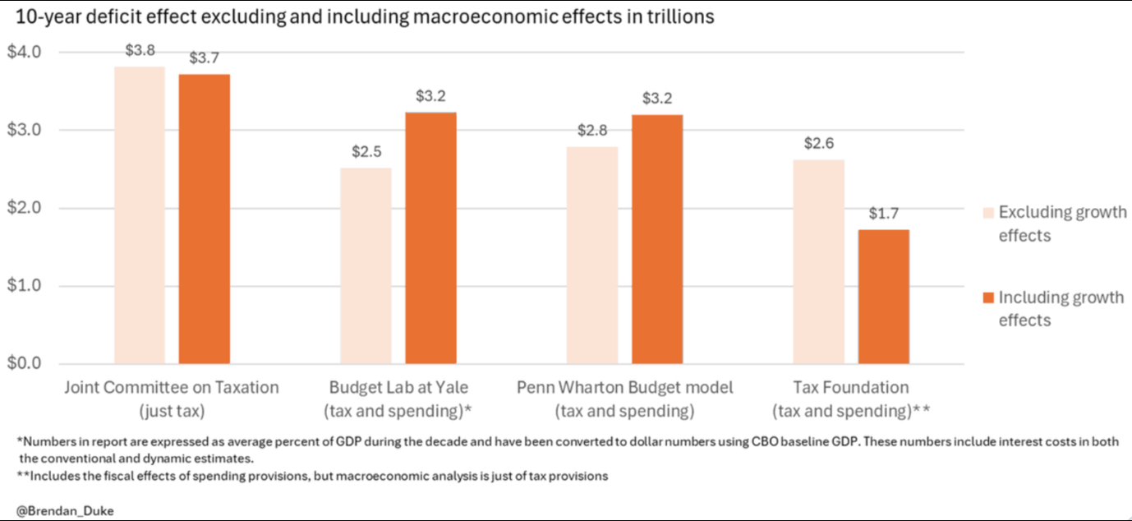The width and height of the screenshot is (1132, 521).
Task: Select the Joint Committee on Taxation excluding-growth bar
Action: click(x=139, y=215)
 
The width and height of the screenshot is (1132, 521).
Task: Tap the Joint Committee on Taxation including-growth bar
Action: click(x=204, y=219)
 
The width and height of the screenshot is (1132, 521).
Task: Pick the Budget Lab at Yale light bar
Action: click(x=366, y=265)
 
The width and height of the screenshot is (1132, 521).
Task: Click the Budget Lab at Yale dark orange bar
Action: click(x=430, y=238)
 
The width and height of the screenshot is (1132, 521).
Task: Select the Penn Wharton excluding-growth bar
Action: click(x=592, y=255)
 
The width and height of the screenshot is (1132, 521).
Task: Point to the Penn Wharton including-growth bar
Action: click(x=657, y=239)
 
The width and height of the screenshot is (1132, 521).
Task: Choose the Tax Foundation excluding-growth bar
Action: click(x=819, y=261)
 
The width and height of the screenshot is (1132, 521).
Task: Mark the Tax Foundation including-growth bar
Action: click(x=884, y=297)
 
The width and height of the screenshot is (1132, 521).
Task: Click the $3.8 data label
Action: click(x=140, y=50)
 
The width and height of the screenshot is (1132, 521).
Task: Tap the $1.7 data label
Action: click(x=884, y=214)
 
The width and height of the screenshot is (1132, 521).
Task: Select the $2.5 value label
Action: click(x=366, y=152)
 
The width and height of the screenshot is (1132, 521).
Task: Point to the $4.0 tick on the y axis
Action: click(x=24, y=53)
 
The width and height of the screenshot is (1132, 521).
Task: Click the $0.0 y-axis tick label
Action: click(x=24, y=364)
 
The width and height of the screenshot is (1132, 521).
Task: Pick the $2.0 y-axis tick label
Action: click(x=24, y=209)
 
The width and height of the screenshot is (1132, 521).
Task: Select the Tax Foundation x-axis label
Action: click(x=850, y=398)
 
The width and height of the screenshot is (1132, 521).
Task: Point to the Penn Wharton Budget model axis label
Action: click(x=624, y=398)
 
